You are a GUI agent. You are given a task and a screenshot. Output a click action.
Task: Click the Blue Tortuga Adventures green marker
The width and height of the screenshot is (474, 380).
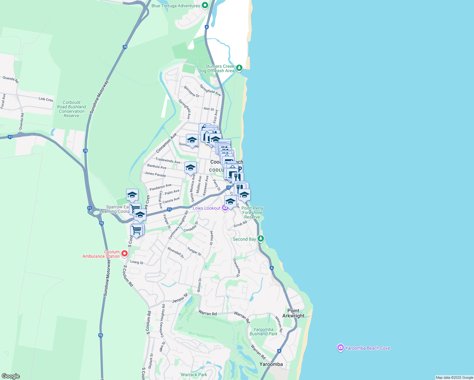[x=205, y=5]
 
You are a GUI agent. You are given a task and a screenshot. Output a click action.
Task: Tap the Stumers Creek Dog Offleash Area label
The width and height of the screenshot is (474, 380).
[x=216, y=69]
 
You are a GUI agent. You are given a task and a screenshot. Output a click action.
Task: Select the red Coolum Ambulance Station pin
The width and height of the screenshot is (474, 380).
[x=125, y=253]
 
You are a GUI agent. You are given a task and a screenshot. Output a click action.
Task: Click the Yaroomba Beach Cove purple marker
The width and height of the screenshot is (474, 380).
[x=340, y=348]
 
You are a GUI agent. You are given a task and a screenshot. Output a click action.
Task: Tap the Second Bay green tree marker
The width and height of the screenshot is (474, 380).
[x=261, y=238]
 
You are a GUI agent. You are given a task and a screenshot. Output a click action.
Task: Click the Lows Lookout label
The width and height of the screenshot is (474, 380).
[x=206, y=208]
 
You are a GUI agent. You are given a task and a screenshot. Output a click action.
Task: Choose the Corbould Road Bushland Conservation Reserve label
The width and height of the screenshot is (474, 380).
[x=72, y=109]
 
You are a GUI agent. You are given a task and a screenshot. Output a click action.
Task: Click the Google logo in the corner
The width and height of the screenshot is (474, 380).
[x=10, y=376]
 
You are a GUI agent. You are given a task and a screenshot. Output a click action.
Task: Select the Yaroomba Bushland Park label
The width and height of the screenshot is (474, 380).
[x=263, y=332]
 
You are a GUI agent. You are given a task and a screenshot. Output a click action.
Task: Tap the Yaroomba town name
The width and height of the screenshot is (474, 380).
[x=271, y=364]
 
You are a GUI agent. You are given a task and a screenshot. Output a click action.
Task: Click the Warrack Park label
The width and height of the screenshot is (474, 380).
[x=194, y=375]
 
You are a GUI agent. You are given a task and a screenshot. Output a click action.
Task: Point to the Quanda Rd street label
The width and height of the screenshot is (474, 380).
[x=11, y=79]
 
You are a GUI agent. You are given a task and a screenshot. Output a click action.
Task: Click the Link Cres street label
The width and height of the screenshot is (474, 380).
[x=46, y=99]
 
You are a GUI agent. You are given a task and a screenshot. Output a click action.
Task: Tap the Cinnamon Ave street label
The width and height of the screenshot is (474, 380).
[x=166, y=143]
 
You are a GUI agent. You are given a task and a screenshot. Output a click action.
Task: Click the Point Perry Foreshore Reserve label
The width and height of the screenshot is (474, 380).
[x=252, y=212]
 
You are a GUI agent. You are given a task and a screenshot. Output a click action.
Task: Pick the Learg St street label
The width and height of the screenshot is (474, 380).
[x=137, y=262]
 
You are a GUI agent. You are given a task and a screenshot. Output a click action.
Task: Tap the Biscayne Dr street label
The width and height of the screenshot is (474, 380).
[x=192, y=92]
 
